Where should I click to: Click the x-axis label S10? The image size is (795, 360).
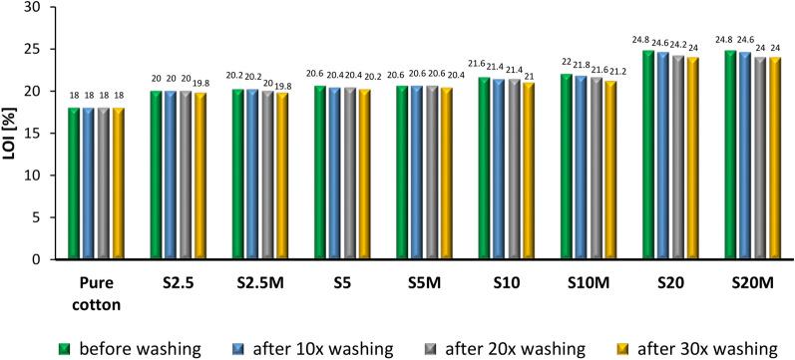(508, 281)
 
